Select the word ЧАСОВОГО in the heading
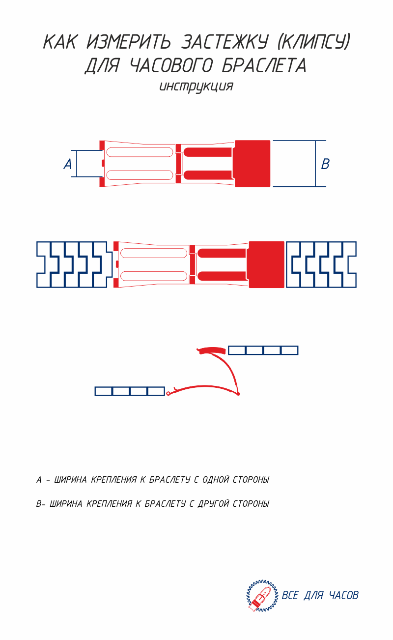(171, 66)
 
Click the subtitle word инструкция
(196, 87)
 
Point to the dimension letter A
(68, 164)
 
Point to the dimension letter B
(325, 164)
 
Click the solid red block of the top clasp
(253, 163)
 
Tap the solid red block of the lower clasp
(267, 264)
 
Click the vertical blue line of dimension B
(315, 163)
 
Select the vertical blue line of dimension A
(77, 163)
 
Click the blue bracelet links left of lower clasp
(74, 264)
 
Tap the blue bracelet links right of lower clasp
(321, 264)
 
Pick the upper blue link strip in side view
(263, 350)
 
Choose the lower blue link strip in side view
(130, 391)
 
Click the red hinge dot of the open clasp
(238, 394)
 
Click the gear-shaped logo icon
(262, 596)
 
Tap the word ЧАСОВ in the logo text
(343, 595)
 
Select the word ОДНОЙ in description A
(215, 480)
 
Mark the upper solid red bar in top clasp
(208, 152)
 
